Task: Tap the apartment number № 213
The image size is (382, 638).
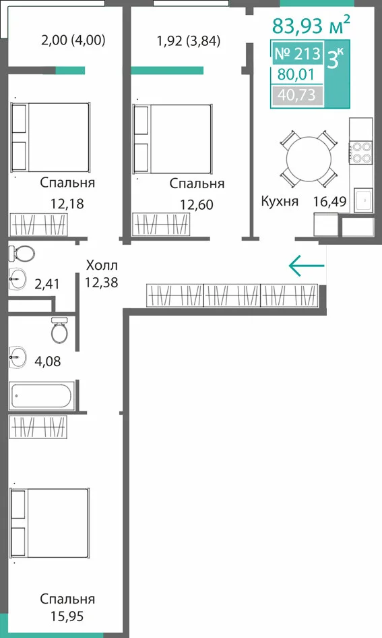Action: pyautogui.click(x=297, y=53)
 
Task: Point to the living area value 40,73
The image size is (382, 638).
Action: pyautogui.click(x=296, y=95)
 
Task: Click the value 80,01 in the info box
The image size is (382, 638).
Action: pyautogui.click(x=296, y=74)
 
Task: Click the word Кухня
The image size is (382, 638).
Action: pyautogui.click(x=280, y=201)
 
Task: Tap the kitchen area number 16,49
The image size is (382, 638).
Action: pyautogui.click(x=329, y=201)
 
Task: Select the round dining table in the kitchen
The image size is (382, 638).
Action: pyautogui.click(x=309, y=158)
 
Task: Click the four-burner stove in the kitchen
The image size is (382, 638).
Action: pyautogui.click(x=361, y=152)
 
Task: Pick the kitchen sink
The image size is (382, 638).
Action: pyautogui.click(x=363, y=200)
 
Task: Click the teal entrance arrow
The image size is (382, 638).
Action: pyautogui.click(x=307, y=266)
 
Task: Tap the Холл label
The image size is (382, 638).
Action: pyautogui.click(x=102, y=265)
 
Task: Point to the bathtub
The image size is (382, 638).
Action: pyautogui.click(x=42, y=395)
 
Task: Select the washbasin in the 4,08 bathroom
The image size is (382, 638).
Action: pyautogui.click(x=17, y=357)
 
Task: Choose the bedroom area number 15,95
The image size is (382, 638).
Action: pyautogui.click(x=67, y=616)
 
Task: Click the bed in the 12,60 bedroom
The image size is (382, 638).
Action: pyautogui.click(x=172, y=138)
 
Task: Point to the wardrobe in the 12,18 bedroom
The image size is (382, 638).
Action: pyautogui.click(x=38, y=225)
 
